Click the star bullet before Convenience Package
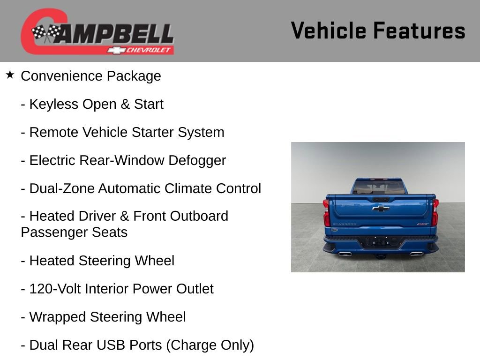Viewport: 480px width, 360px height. (10, 75)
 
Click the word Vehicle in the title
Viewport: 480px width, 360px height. (328, 30)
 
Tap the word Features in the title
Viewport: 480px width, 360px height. (419, 30)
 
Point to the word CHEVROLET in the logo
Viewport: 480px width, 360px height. (150, 50)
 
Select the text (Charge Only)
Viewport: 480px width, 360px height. (210, 345)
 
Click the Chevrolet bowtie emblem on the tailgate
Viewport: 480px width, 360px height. (381, 208)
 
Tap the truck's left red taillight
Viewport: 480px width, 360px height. (326, 213)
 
